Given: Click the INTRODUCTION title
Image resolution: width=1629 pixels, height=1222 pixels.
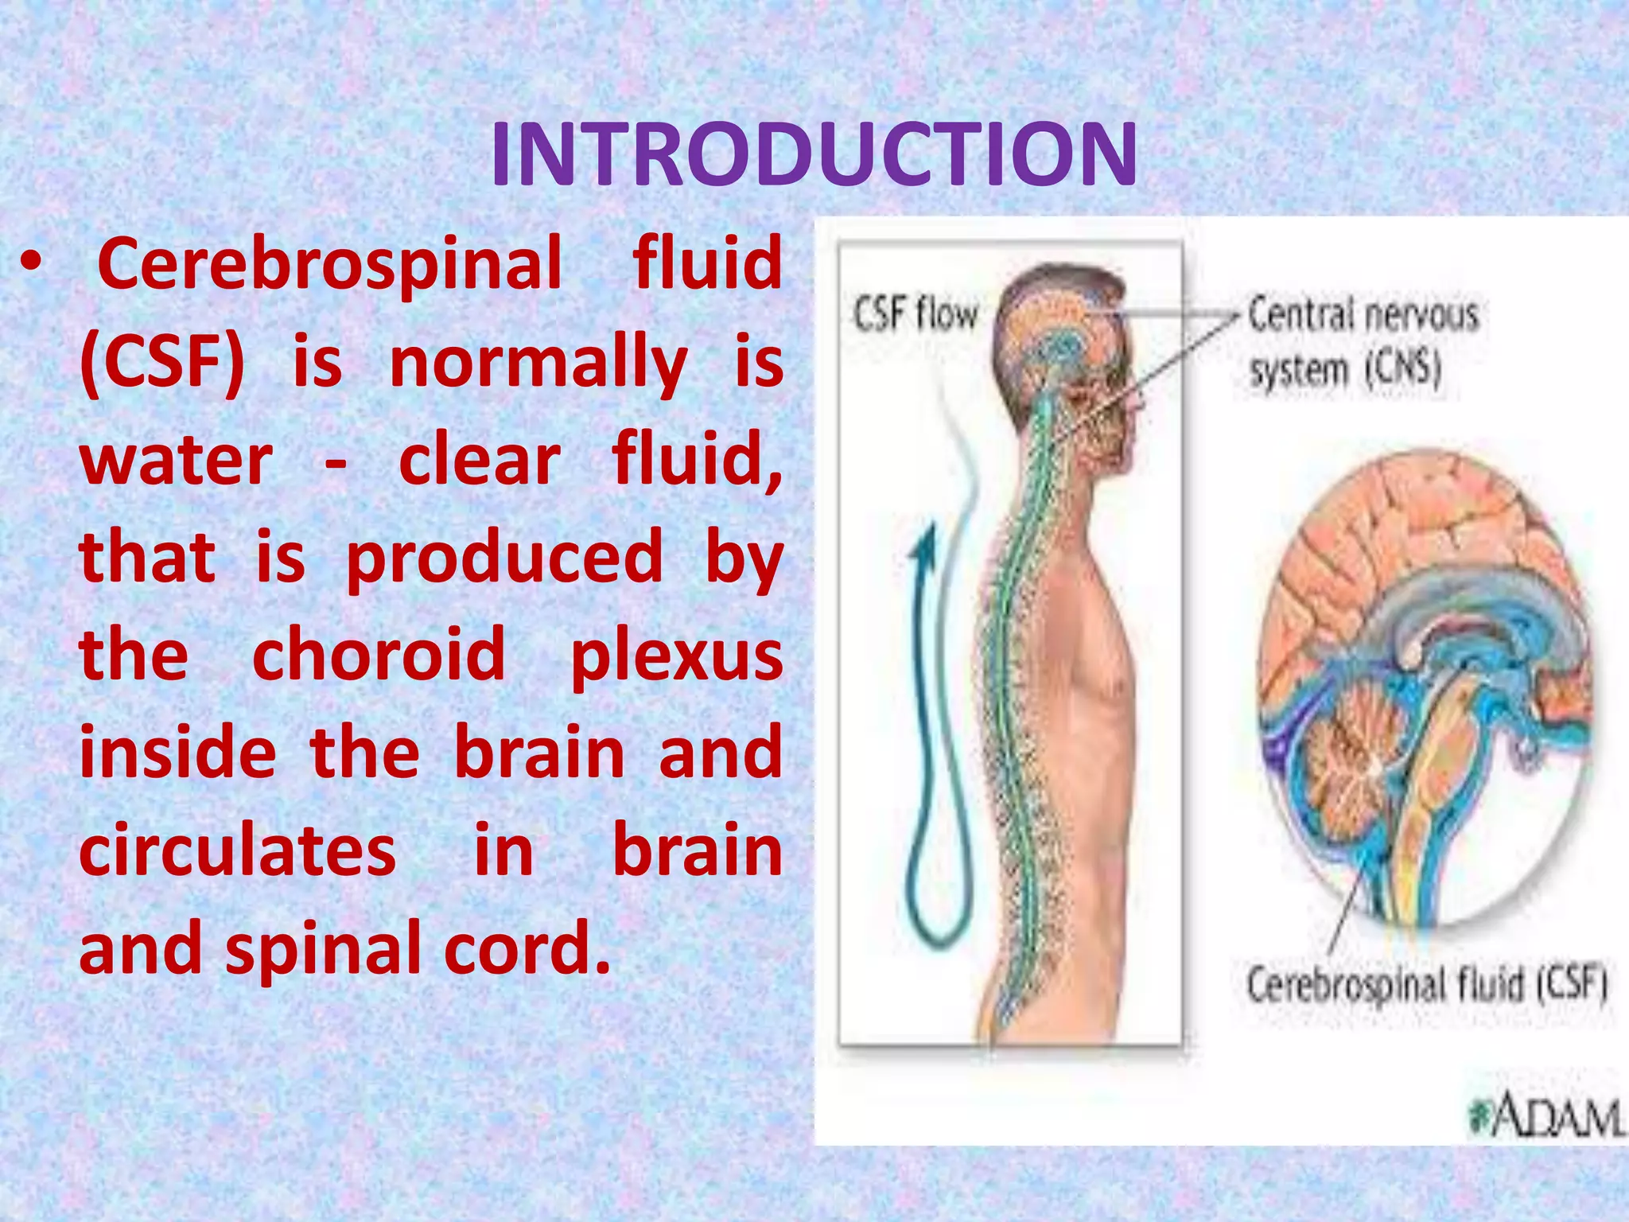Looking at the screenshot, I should [813, 155].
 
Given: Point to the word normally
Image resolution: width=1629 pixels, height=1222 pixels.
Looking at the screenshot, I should [538, 363].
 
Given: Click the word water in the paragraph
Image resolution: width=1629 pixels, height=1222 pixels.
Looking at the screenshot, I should [176, 461].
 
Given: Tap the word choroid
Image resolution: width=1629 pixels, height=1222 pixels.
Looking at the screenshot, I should [379, 656].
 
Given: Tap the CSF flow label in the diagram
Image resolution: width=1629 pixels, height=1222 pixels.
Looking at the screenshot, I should [915, 313].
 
